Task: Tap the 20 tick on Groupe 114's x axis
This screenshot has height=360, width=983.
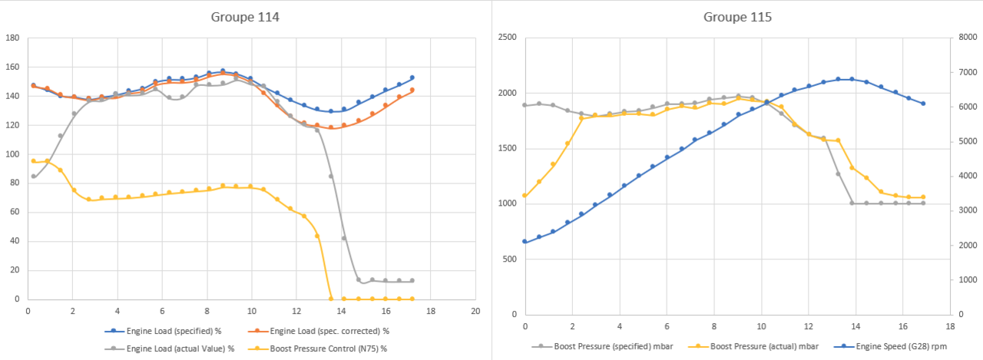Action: [x=475, y=311]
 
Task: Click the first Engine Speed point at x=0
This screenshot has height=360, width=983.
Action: [x=525, y=242]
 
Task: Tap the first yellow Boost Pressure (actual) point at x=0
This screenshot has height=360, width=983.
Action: [x=525, y=196]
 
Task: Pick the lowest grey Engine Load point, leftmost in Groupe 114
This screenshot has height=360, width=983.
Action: [x=33, y=177]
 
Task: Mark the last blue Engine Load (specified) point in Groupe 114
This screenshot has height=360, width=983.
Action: [x=412, y=78]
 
